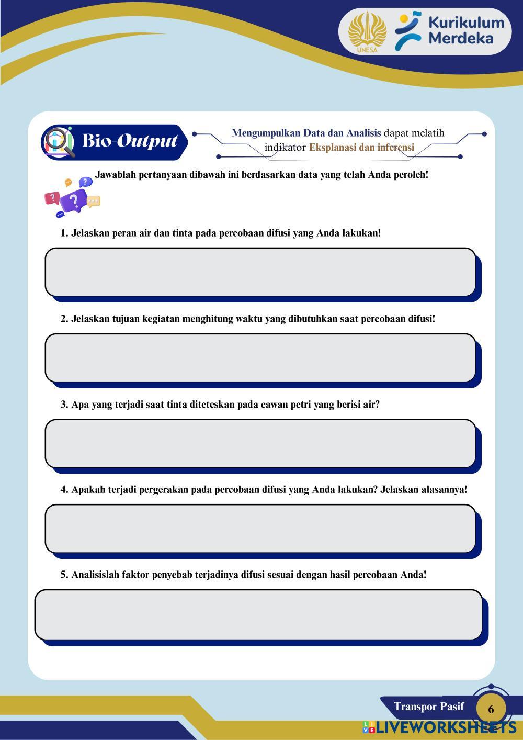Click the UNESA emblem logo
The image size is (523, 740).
point(367,32)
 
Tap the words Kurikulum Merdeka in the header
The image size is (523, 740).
point(466,30)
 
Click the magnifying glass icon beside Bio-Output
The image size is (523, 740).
point(59,142)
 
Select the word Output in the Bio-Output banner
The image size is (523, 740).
point(147,141)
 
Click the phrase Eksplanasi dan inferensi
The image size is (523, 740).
point(361,148)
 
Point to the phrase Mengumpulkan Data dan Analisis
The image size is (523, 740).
point(306,133)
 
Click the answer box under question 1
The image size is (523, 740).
point(260,272)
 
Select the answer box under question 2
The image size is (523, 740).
point(260,358)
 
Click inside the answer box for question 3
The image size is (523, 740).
point(260,443)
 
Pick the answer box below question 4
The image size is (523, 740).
point(260,529)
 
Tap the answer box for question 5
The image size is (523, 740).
point(258,614)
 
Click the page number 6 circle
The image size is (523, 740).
point(491,709)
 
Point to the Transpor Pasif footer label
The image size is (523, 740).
point(429,707)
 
